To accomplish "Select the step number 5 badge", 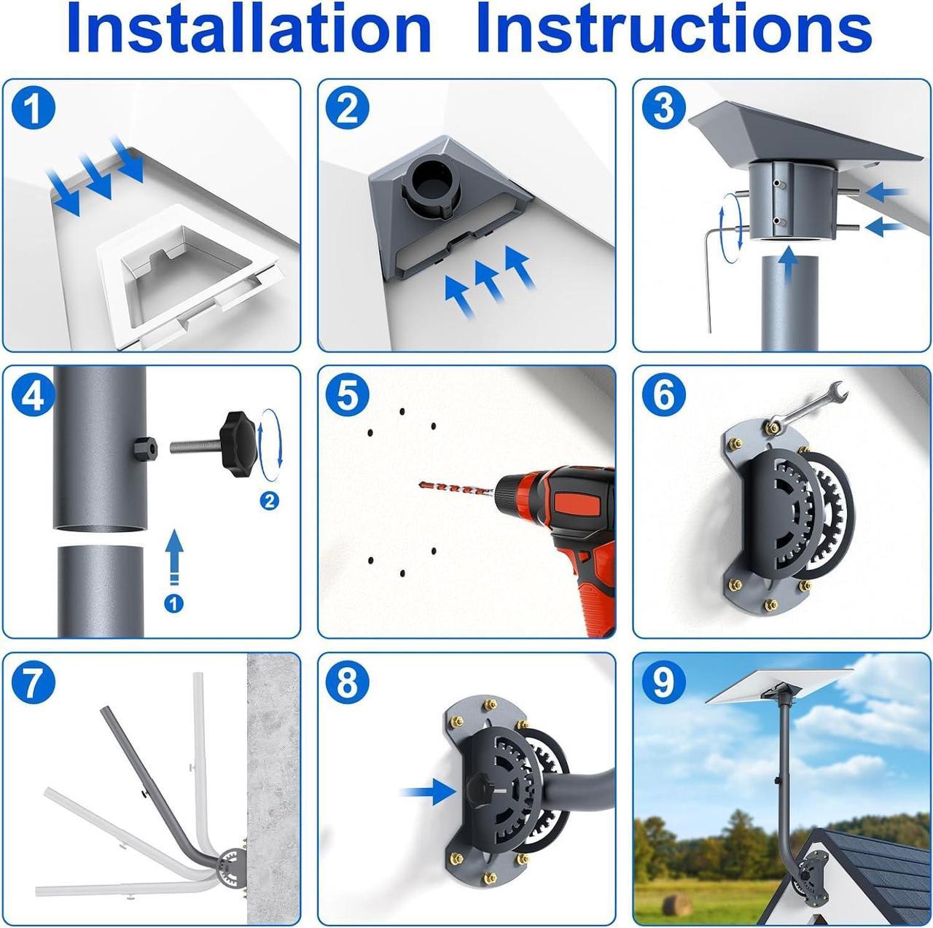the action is [347, 394].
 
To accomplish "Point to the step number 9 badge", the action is [663, 683].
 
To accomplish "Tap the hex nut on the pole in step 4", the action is [146, 447].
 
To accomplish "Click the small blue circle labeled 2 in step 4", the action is [270, 500].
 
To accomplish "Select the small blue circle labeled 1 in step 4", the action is [173, 604].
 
